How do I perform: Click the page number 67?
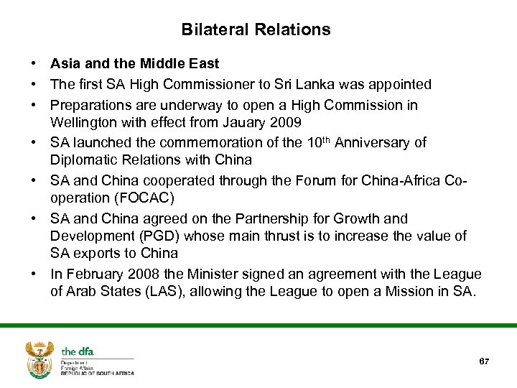pos(484,361)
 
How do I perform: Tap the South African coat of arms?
pos(39,359)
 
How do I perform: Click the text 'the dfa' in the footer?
pos(78,351)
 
